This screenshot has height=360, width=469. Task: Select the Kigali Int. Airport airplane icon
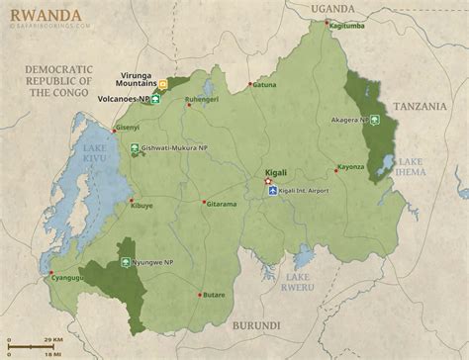coord(273,192)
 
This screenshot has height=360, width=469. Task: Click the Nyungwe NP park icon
coord(126,263)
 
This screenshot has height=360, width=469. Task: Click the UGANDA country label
coord(332,9)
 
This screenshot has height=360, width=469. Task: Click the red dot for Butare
coord(201,294)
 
